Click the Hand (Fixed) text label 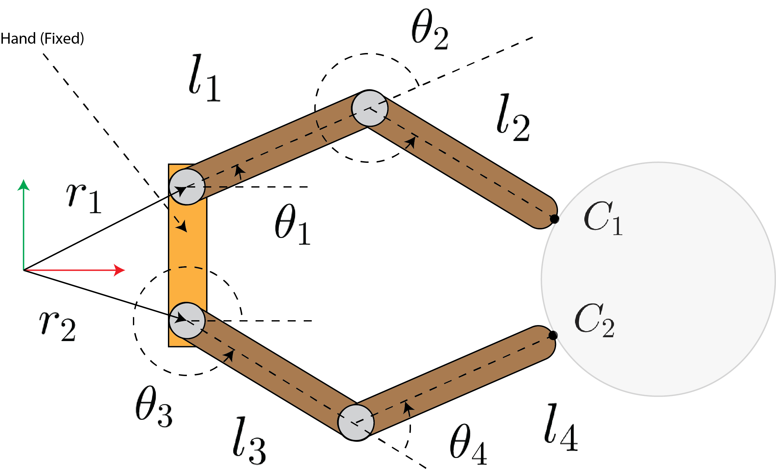[x=42, y=39]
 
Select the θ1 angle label [x=292, y=225]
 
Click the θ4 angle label [x=468, y=445]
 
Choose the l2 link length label [x=513, y=118]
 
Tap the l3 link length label [x=249, y=441]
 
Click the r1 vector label [x=83, y=198]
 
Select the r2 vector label [x=57, y=325]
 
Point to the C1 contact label [x=603, y=218]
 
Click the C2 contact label [x=594, y=321]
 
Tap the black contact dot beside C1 [x=554, y=219]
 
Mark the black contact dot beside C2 [x=553, y=336]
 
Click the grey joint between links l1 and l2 [x=370, y=108]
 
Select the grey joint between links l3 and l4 [x=356, y=423]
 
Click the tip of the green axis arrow [x=23, y=180]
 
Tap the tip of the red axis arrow [x=124, y=270]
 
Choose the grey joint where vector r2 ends [x=187, y=320]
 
